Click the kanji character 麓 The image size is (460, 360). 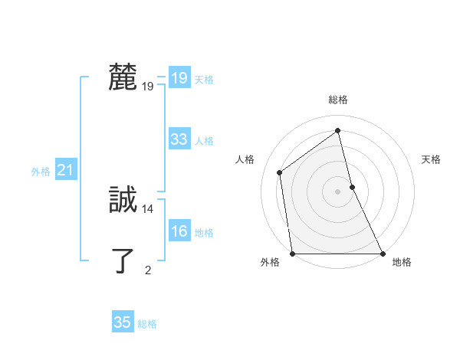click(123, 77)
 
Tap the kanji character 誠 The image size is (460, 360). click(123, 200)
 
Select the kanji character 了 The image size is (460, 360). click(123, 260)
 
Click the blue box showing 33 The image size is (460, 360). click(179, 139)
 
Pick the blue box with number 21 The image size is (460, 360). click(65, 171)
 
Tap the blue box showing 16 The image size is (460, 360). click(179, 231)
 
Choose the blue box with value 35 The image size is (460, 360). click(123, 322)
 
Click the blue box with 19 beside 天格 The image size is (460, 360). click(179, 78)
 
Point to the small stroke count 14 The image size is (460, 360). click(148, 208)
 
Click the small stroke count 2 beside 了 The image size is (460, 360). click(148, 270)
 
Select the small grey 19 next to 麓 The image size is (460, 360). click(148, 86)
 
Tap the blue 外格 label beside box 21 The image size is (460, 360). click(41, 172)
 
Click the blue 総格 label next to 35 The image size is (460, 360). click(147, 324)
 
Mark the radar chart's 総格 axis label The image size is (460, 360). click(338, 100)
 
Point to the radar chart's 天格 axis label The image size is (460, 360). click(431, 159)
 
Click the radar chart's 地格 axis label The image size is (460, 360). click(402, 263)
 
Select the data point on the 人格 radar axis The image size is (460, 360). click(280, 172)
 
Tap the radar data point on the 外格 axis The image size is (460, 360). click(293, 254)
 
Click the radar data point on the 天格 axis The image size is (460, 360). click(352, 187)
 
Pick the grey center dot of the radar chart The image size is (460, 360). click(338, 191)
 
